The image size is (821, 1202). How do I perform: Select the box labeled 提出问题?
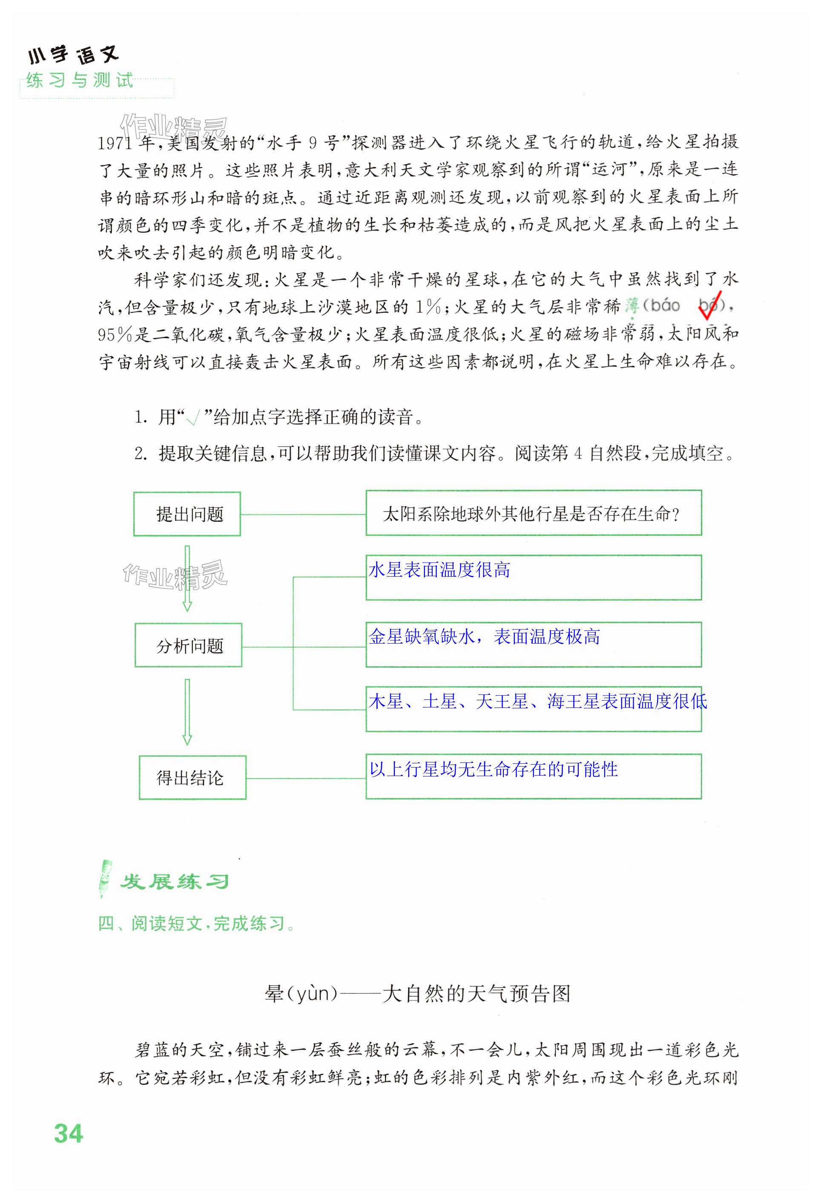point(187,514)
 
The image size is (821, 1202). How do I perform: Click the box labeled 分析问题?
point(189,645)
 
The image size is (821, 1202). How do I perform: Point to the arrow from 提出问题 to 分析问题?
point(187,578)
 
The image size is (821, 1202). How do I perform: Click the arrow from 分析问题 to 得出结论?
point(187,712)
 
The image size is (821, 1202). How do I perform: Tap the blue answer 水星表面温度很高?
point(439,570)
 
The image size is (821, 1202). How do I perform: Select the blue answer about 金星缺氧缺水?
point(484,637)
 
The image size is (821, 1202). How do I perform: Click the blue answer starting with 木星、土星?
point(538,702)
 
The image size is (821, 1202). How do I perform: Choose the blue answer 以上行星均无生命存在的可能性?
point(493,769)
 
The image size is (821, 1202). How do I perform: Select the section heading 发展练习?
point(174,882)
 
